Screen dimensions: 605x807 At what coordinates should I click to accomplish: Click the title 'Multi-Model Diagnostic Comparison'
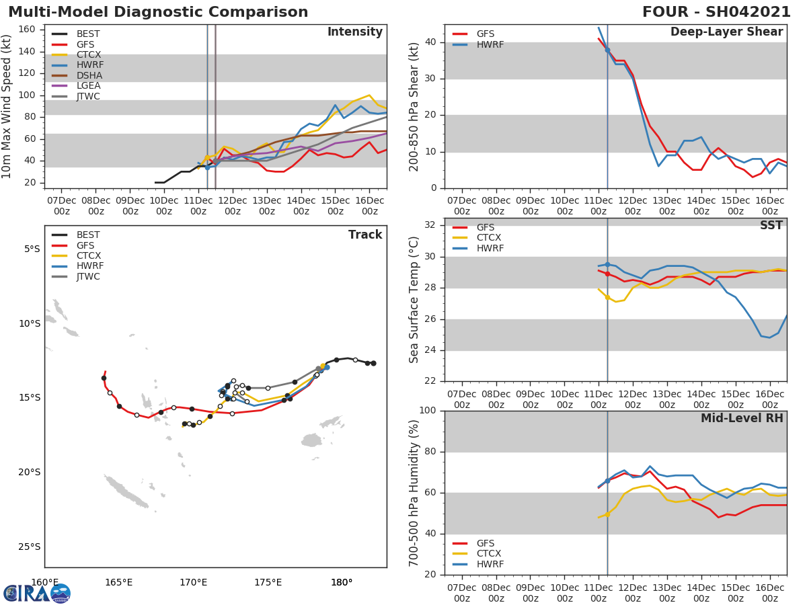tap(158, 12)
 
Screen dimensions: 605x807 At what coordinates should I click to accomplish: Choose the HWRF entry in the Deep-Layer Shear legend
tap(490, 44)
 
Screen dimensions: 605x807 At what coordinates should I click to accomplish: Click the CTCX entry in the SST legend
tap(489, 237)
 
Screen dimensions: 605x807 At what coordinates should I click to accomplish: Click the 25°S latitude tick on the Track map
tap(30, 547)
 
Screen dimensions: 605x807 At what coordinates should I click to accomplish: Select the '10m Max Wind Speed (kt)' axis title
tap(7, 106)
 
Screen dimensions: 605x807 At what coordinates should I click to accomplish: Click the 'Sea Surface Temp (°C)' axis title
tap(414, 300)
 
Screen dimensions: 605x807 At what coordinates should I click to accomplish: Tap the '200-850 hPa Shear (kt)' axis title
tap(414, 106)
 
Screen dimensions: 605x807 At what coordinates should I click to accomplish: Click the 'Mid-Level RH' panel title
tap(742, 419)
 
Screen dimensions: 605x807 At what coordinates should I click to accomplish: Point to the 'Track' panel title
tap(365, 235)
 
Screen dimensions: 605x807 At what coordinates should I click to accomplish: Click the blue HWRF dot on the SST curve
tap(607, 265)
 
